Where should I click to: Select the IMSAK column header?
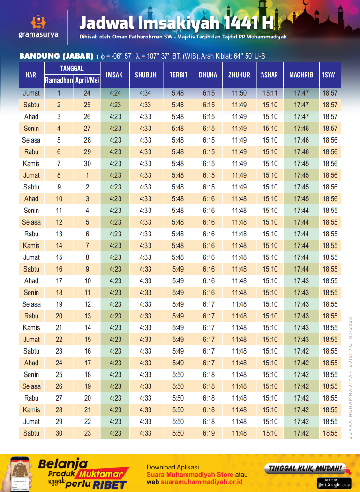[114, 75]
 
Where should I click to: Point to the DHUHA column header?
[208, 75]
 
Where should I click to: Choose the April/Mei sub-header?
[87, 81]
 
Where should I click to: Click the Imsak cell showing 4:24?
[115, 93]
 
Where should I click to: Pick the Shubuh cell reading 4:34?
[145, 93]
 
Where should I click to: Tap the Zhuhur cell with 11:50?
[239, 93]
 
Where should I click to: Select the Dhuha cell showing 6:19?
[209, 433]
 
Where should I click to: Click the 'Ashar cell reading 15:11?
[270, 93]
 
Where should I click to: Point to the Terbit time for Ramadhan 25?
[178, 375]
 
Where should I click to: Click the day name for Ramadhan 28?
[31, 410]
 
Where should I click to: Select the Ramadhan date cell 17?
[59, 281]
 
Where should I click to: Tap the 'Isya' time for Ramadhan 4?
[330, 129]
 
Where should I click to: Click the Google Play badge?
[334, 483]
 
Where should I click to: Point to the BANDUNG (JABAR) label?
[57, 56]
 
